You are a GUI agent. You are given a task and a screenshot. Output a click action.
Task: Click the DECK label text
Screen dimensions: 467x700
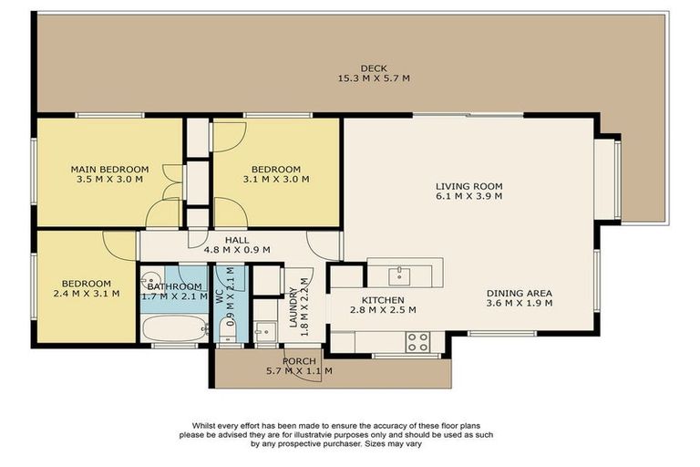(373, 68)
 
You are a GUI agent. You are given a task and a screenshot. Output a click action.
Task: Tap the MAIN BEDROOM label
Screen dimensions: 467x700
(109, 169)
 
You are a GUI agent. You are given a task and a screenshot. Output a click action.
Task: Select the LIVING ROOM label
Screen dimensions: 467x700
(468, 187)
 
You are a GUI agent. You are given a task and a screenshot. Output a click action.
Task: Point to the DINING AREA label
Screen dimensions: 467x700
(520, 293)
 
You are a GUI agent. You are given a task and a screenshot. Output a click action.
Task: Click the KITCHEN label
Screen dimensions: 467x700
(382, 300)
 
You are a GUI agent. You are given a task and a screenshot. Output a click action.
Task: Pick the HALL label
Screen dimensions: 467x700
(223, 240)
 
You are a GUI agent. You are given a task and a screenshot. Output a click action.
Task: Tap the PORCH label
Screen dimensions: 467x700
(298, 360)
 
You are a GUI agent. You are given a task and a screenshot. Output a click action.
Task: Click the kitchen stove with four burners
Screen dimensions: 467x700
(417, 341)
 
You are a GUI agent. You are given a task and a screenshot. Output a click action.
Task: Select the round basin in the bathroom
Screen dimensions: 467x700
(151, 279)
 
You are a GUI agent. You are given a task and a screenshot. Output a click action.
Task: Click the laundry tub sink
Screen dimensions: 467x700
(264, 331)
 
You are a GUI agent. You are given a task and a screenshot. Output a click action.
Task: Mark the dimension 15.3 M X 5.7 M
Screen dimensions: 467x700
(373, 79)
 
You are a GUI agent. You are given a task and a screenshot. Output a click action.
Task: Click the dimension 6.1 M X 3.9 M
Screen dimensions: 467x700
(468, 198)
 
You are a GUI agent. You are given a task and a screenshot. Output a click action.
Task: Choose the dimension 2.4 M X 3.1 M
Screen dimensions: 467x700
(87, 294)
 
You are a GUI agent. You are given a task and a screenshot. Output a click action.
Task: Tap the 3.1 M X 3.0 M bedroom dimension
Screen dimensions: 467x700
(275, 180)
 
